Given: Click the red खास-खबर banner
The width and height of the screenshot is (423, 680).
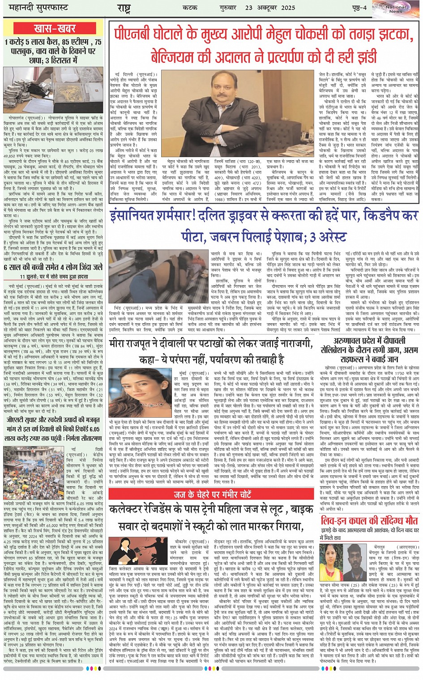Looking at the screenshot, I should pyautogui.click(x=54, y=29).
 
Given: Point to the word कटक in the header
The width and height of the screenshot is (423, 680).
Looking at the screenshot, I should pyautogui.click(x=190, y=8).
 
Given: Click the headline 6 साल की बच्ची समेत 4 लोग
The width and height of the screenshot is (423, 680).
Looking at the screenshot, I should pyautogui.click(x=53, y=267).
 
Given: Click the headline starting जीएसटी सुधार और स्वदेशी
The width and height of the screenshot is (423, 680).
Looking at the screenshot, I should pyautogui.click(x=53, y=424).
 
